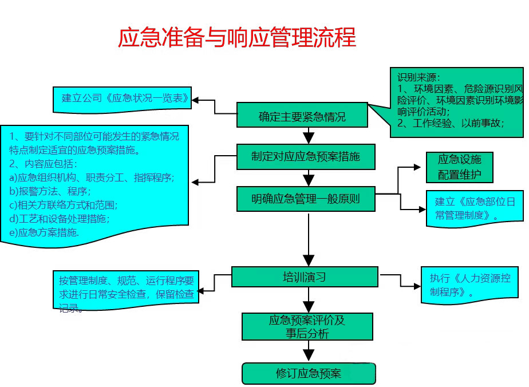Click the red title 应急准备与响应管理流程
[x=236, y=37]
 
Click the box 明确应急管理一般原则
[x=306, y=199]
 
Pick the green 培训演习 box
[x=305, y=277]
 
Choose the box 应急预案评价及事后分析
[x=307, y=327]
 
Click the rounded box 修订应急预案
[x=309, y=374]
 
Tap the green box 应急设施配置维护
[x=459, y=167]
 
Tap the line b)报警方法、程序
[x=50, y=191]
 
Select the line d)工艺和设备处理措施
[x=60, y=218]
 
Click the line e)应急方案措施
[x=44, y=232]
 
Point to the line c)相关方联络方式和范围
[x=66, y=204]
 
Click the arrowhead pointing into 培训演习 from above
[x=309, y=261]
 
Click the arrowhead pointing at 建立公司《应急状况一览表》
[x=196, y=100]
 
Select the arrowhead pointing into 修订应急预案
[x=309, y=358]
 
